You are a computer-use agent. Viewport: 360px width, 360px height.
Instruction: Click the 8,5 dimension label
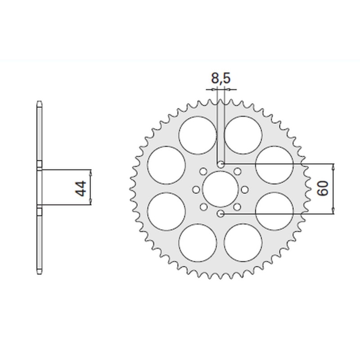click(x=220, y=79)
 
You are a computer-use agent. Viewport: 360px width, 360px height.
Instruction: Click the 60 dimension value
click(x=323, y=189)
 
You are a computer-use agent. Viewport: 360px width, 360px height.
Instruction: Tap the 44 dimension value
click(x=81, y=189)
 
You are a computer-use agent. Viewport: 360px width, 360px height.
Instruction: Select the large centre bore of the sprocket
click(x=220, y=189)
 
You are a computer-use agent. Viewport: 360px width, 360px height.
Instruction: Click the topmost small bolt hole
click(x=220, y=164)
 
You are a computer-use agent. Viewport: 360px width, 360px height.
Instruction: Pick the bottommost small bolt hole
click(x=220, y=214)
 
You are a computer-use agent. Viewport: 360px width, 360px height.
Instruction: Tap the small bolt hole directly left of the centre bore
click(x=196, y=189)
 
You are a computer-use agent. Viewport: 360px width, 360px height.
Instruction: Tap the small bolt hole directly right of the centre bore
click(x=245, y=189)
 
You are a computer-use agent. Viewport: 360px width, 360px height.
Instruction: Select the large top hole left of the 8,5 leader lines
click(x=198, y=134)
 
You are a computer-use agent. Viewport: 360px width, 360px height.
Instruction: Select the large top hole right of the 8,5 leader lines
click(x=243, y=134)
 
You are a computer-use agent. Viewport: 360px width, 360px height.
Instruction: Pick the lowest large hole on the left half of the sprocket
click(x=198, y=243)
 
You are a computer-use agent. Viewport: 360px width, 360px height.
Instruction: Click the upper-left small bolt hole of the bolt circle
click(x=203, y=171)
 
